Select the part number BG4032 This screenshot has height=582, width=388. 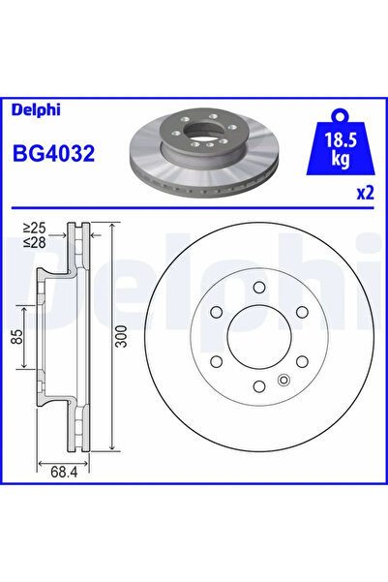[51, 154]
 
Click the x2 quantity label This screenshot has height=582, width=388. [365, 193]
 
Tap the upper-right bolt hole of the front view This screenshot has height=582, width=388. [300, 312]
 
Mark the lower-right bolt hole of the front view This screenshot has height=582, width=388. [300, 363]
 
